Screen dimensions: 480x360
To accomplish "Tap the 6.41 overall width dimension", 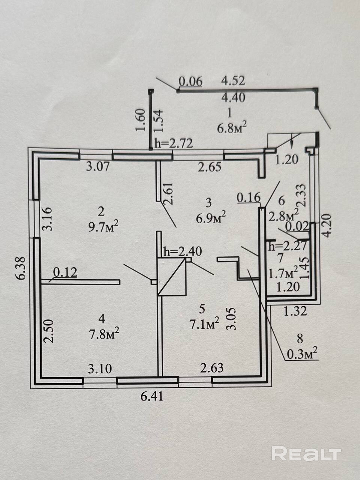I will tap(152, 396).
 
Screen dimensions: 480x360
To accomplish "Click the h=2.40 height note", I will tap(182, 251).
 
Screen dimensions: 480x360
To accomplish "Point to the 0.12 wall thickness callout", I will tap(65, 273).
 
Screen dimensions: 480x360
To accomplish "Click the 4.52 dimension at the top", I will tap(233, 81).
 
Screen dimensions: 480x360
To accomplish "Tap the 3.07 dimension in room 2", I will tap(98, 166).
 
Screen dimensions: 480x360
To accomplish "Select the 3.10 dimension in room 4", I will tap(100, 369).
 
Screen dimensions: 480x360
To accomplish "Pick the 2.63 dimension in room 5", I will tap(212, 367).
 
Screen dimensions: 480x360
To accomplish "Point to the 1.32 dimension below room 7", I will tap(296, 310).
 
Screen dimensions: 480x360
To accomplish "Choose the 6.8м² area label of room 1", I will tap(232, 129).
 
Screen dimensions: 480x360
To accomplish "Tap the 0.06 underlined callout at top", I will tap(190, 81).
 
